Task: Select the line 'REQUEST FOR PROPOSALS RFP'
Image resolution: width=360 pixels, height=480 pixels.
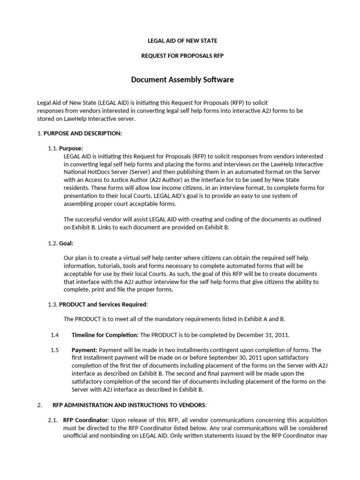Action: [x=182, y=56]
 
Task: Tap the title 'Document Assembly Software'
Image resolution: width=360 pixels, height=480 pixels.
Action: [x=182, y=80]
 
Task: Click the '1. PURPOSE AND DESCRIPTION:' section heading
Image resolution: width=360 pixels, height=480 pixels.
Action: [x=80, y=134]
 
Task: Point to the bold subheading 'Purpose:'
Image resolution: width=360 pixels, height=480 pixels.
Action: [x=71, y=148]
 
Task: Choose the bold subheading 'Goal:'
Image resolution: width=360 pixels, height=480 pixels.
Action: [x=66, y=243]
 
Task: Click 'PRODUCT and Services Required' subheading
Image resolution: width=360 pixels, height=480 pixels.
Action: [x=103, y=304]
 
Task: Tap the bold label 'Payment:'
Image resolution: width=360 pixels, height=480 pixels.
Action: [x=84, y=350]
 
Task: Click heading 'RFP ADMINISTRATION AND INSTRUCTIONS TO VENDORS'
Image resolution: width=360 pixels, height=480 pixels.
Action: [x=128, y=405]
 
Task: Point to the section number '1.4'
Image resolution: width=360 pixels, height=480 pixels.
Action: [x=55, y=335]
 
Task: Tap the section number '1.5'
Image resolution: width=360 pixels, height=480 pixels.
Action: [x=55, y=350]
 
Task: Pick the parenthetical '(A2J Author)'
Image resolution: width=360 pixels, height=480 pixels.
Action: [x=160, y=180]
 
